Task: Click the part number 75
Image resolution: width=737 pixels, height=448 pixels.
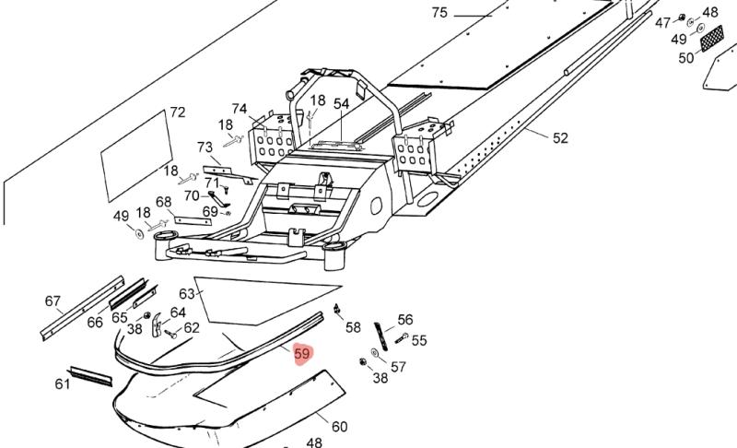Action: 439,13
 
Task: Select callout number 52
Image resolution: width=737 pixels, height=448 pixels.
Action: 560,138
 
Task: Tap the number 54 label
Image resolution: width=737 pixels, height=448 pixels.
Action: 342,104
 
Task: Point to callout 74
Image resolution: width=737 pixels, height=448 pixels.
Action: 240,109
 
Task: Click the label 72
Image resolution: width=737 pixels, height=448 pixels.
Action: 177,112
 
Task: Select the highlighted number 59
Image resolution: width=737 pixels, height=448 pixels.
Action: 302,354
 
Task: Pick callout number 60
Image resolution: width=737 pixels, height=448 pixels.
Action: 339,426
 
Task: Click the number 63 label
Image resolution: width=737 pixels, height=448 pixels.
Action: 187,294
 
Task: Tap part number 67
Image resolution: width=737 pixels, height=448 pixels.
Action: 53,301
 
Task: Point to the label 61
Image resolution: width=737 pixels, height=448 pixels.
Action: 62,383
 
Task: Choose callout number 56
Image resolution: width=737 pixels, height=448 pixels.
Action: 405,320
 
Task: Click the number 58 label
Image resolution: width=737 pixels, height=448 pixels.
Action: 353,327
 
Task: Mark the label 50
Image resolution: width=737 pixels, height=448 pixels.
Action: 686,58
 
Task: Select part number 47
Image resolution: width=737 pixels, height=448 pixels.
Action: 662,22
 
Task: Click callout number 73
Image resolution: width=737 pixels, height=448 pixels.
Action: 205,147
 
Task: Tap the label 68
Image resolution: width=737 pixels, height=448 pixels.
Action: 164,202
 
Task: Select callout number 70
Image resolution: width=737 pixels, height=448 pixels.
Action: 192,195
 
